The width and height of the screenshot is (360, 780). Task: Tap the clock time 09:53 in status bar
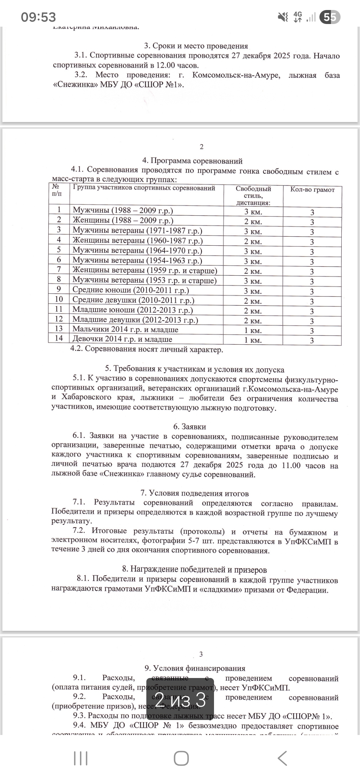tap(38, 17)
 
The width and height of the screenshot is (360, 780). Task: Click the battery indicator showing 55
tap(330, 17)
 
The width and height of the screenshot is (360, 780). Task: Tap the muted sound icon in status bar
tap(283, 17)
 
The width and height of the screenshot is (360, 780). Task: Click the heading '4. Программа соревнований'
tap(192, 161)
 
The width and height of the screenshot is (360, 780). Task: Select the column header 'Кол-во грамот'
tap(312, 190)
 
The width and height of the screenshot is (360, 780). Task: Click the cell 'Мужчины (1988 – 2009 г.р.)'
tap(123, 210)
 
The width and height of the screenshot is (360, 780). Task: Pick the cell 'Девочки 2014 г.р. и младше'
tap(122, 339)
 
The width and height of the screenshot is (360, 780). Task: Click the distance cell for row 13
tap(253, 331)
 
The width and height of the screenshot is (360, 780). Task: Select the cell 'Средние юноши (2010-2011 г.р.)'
tap(131, 290)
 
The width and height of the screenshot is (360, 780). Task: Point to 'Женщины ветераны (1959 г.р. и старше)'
tap(145, 270)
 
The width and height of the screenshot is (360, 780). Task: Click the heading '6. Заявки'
tap(189, 427)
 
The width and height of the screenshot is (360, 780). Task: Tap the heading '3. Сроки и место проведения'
tap(196, 46)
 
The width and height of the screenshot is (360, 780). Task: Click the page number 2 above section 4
tap(201, 147)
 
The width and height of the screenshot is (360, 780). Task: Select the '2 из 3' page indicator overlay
tap(180, 700)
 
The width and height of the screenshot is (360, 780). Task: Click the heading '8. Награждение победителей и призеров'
tap(195, 570)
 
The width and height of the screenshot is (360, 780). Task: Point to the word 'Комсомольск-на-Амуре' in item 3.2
tap(235, 75)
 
